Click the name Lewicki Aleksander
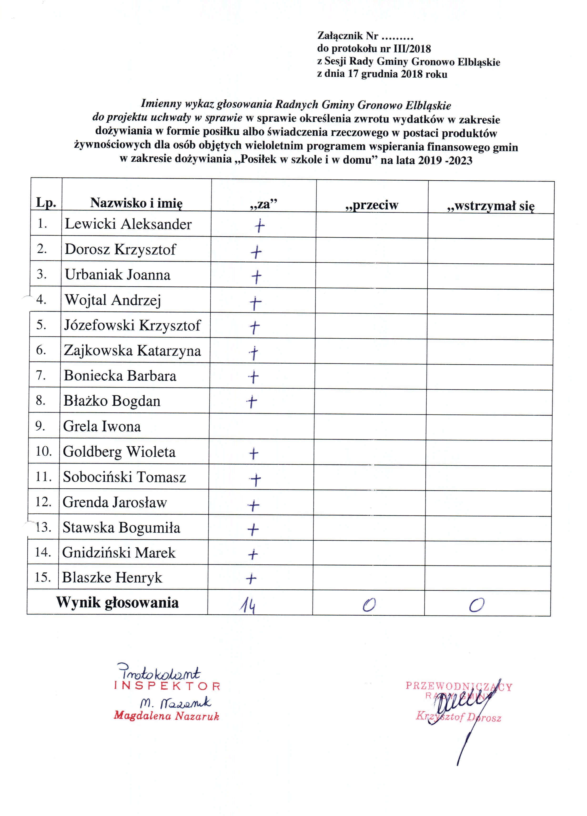click(128, 224)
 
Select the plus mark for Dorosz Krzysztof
click(256, 252)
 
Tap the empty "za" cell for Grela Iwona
click(262, 426)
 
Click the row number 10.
click(44, 451)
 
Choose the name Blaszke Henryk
click(112, 577)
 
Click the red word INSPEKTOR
click(167, 686)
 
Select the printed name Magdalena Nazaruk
click(167, 716)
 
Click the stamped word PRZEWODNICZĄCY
click(459, 687)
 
